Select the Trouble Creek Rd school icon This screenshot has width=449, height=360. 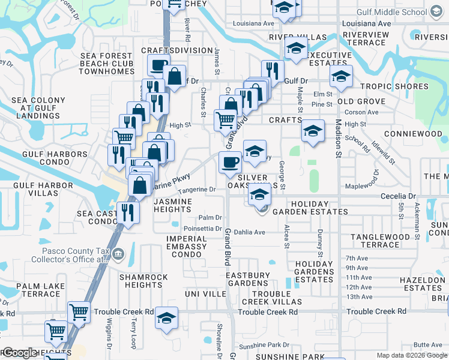click(166, 318)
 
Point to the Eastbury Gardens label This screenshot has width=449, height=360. click(251, 279)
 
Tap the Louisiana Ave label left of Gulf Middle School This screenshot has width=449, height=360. click(254, 23)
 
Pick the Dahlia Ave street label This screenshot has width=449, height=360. click(250, 232)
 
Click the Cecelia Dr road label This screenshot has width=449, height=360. click(398, 196)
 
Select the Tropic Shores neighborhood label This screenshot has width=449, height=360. click(394, 86)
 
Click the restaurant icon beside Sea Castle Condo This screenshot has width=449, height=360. click(128, 212)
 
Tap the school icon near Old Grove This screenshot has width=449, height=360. click(341, 76)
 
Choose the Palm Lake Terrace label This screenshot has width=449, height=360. click(38, 290)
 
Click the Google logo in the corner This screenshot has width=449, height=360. click(19, 353)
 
